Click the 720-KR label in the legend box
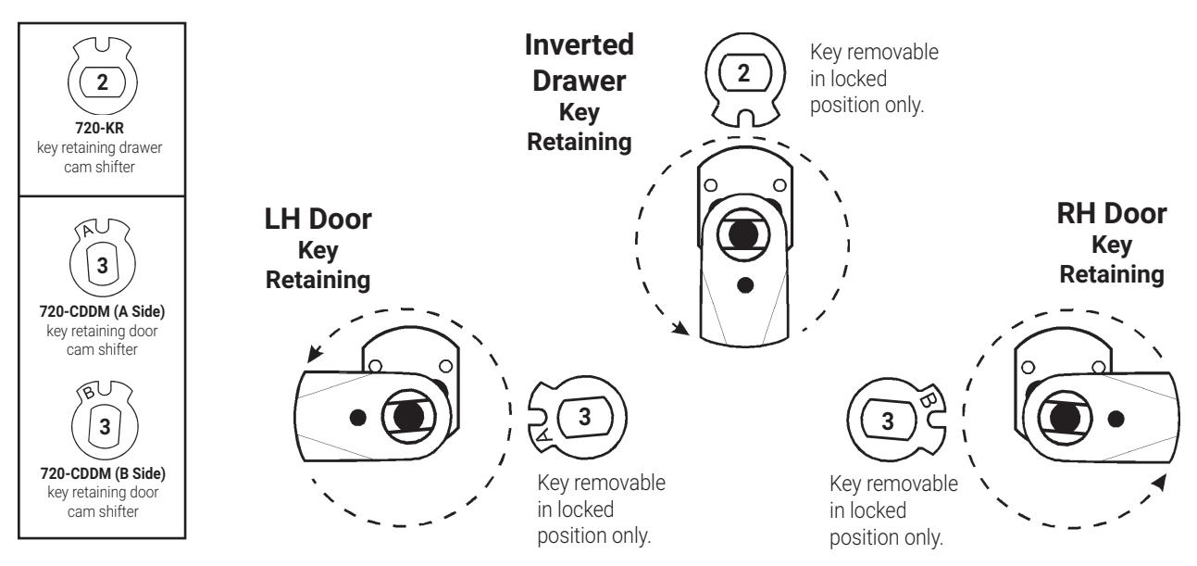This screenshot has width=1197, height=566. (x=99, y=128)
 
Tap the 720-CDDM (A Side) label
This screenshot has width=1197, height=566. (x=102, y=311)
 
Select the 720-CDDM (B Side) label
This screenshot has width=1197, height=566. (x=103, y=473)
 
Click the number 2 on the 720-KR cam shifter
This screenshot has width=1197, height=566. (x=102, y=82)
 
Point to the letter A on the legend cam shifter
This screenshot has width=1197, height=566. (x=87, y=230)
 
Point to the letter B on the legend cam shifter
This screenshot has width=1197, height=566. (x=89, y=393)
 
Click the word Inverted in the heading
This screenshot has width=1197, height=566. (x=580, y=44)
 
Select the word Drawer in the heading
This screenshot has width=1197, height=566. (x=580, y=82)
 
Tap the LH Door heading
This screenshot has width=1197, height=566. (x=318, y=219)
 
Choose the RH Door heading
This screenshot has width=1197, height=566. (x=1112, y=213)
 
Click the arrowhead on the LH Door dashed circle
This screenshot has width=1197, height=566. (x=316, y=353)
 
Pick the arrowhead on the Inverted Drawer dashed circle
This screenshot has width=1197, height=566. (x=680, y=327)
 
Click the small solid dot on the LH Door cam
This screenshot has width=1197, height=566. (x=358, y=417)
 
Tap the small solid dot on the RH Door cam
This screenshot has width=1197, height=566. (x=1116, y=419)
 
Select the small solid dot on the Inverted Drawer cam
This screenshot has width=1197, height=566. (x=745, y=285)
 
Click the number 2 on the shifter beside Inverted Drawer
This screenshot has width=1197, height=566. (x=743, y=73)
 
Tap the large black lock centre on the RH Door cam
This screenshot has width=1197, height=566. (x=1064, y=418)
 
